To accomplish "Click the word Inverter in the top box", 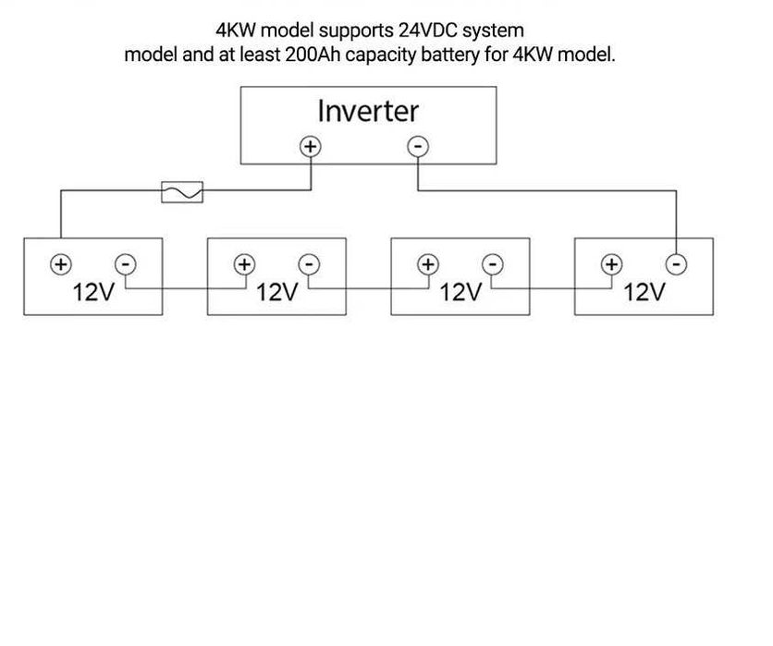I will pyautogui.click(x=367, y=111).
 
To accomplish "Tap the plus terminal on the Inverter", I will pyautogui.click(x=311, y=146).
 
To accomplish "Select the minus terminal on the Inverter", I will pyautogui.click(x=418, y=146).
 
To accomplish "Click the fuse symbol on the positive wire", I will pyautogui.click(x=182, y=191).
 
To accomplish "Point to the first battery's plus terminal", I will pyautogui.click(x=60, y=264).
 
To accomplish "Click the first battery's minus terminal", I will pyautogui.click(x=124, y=264).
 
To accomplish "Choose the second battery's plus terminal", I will pyautogui.click(x=243, y=264).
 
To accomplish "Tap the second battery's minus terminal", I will pyautogui.click(x=309, y=264).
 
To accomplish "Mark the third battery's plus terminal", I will pyautogui.click(x=427, y=264).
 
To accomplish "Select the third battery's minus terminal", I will pyautogui.click(x=493, y=264).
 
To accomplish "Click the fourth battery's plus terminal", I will pyautogui.click(x=610, y=264).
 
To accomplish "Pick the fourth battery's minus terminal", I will pyautogui.click(x=677, y=264).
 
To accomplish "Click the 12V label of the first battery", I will pyautogui.click(x=93, y=293).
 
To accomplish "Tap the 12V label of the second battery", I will pyautogui.click(x=276, y=293).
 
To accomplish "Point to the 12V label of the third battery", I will pyautogui.click(x=460, y=293).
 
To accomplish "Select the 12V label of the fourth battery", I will pyautogui.click(x=644, y=293).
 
